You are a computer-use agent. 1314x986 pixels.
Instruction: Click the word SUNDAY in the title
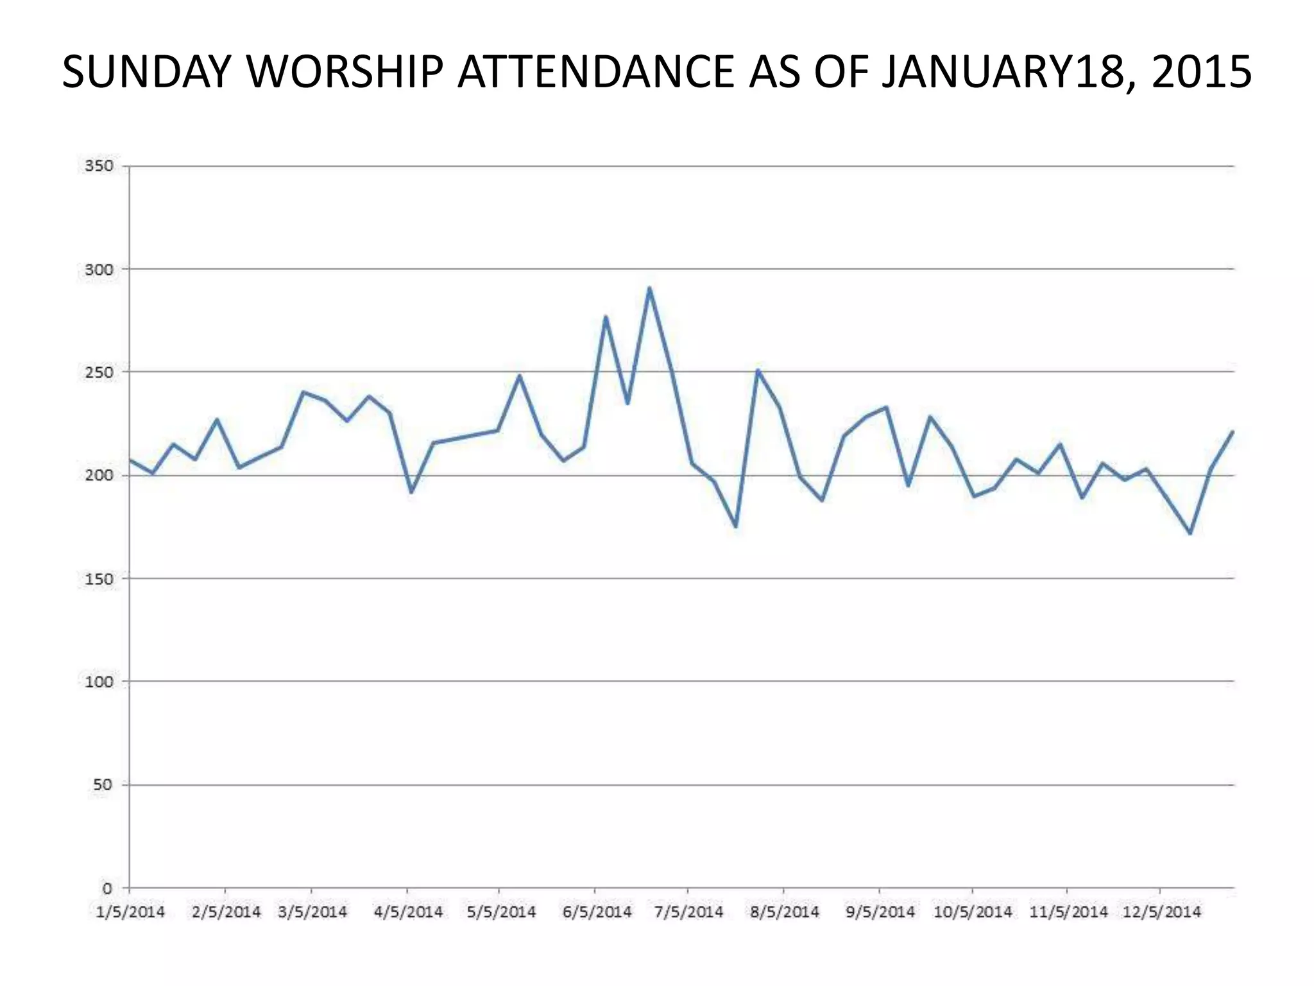tap(147, 71)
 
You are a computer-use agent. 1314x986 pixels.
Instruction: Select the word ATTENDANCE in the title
tap(595, 71)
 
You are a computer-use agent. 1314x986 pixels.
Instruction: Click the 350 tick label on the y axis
tap(99, 166)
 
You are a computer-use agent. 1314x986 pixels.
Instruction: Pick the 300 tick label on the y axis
tap(99, 270)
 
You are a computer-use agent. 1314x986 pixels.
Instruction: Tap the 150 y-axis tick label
tap(99, 579)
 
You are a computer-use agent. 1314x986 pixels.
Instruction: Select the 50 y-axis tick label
tap(103, 785)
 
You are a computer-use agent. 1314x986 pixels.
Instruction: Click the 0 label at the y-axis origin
tap(107, 889)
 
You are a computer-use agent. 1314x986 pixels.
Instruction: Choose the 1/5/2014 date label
tap(130, 912)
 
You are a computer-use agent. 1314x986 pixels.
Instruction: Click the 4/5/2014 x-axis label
tap(408, 912)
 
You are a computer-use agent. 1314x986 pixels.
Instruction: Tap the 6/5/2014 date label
tap(597, 912)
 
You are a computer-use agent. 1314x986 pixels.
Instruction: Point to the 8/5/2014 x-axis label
tap(784, 912)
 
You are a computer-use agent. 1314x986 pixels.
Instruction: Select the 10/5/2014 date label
tap(973, 912)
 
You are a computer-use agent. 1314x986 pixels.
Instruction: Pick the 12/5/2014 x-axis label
tap(1161, 912)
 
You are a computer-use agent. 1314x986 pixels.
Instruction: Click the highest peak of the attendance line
tap(649, 288)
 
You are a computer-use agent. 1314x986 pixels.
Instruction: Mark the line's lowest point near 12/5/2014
tap(1190, 533)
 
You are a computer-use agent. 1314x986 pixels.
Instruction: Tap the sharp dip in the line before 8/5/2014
tap(735, 527)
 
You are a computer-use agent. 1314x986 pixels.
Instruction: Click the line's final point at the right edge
tap(1233, 431)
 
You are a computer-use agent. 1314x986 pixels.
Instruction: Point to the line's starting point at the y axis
tap(130, 460)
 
